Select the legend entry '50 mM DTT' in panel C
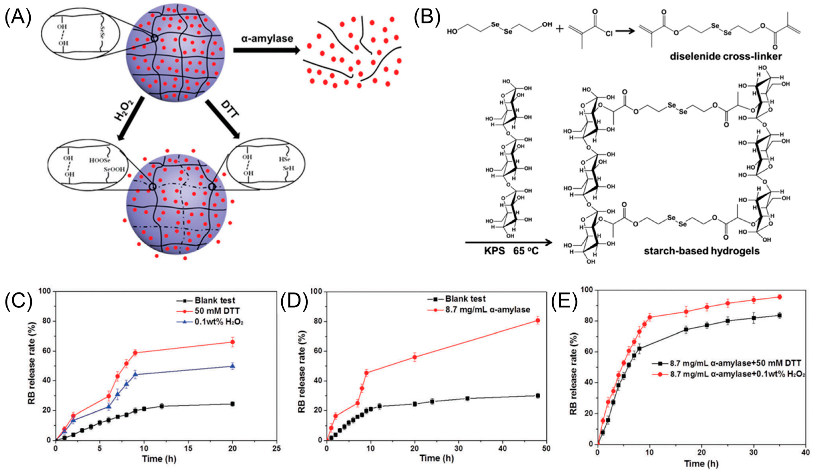pos(217,311)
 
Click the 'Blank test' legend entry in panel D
pos(465,298)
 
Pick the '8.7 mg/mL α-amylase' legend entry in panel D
pos(488,309)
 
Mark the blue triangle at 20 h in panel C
pos(232,366)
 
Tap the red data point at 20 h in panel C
pos(232,342)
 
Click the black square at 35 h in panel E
pos(780,315)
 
